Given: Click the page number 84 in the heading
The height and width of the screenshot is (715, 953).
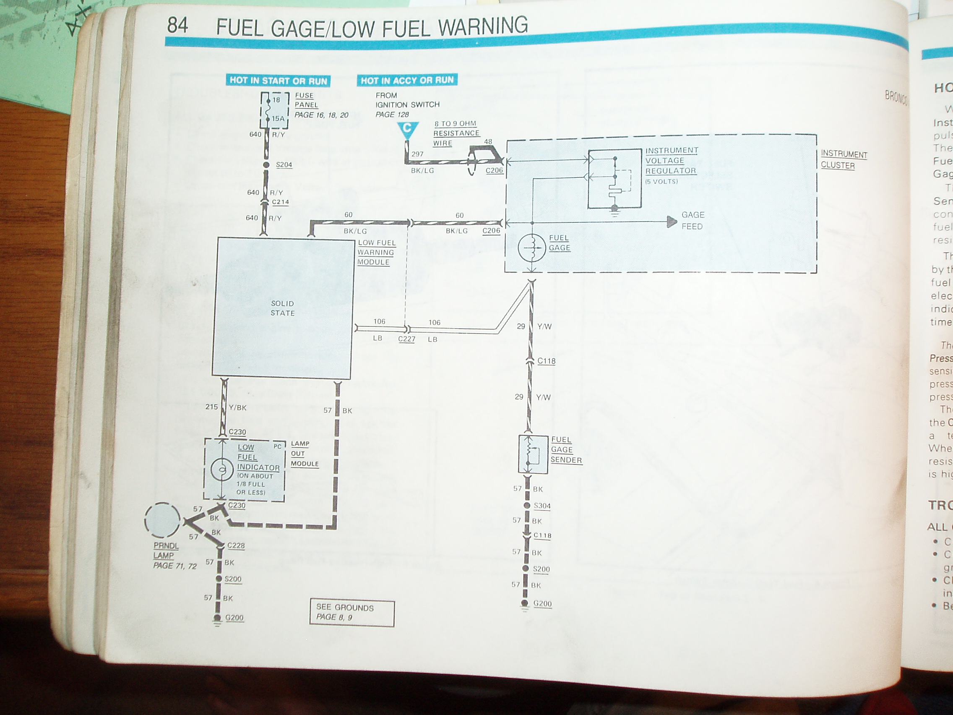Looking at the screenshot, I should [x=177, y=26].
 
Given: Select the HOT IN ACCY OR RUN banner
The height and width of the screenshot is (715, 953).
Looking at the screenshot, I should [x=407, y=80].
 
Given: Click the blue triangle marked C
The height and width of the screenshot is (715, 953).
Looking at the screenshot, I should [x=407, y=129].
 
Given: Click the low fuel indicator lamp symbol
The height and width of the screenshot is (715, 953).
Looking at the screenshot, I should [x=222, y=470].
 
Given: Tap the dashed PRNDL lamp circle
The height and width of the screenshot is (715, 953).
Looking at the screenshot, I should [x=162, y=521].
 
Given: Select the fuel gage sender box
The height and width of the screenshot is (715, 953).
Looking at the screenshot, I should [x=533, y=454].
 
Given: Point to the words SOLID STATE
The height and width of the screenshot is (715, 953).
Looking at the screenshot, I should [x=283, y=308].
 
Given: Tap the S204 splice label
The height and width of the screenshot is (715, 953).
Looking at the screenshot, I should [x=284, y=164].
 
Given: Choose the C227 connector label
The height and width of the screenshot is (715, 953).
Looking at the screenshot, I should [x=407, y=339].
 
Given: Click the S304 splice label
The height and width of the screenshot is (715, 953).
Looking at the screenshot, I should [x=542, y=506].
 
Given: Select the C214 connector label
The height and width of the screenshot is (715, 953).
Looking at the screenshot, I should [x=281, y=202].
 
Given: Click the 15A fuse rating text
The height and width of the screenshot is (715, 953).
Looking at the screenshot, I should [x=278, y=118].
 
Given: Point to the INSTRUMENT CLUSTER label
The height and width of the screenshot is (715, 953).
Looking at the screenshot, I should [x=844, y=159].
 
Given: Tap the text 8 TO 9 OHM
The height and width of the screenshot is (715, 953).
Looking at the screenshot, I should [x=456, y=124].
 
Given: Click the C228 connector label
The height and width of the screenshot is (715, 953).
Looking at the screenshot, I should [x=236, y=545].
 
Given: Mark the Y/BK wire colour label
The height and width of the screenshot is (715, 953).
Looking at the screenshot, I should [x=238, y=407].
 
